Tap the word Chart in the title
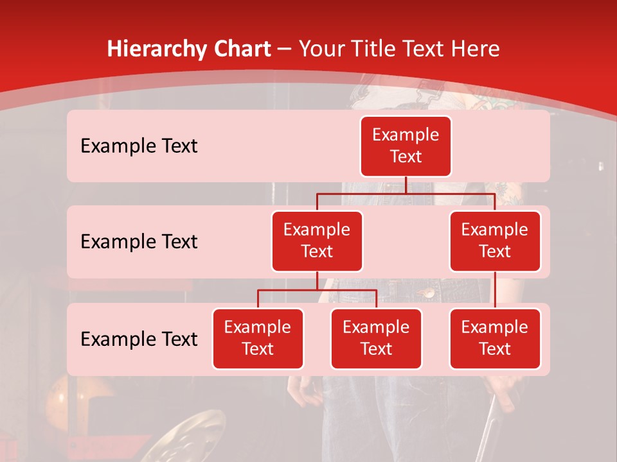pos(239,49)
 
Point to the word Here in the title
pos(475,49)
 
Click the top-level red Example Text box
pos(406,146)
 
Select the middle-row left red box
pos(317,241)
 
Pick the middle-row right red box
pos(495,241)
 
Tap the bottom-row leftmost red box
pos(258,338)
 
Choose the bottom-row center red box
pos(376,338)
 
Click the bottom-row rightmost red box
pos(495,338)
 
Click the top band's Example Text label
pos(139,146)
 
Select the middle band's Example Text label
pos(139,241)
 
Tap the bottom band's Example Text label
pos(139,339)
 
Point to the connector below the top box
pos(406,185)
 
